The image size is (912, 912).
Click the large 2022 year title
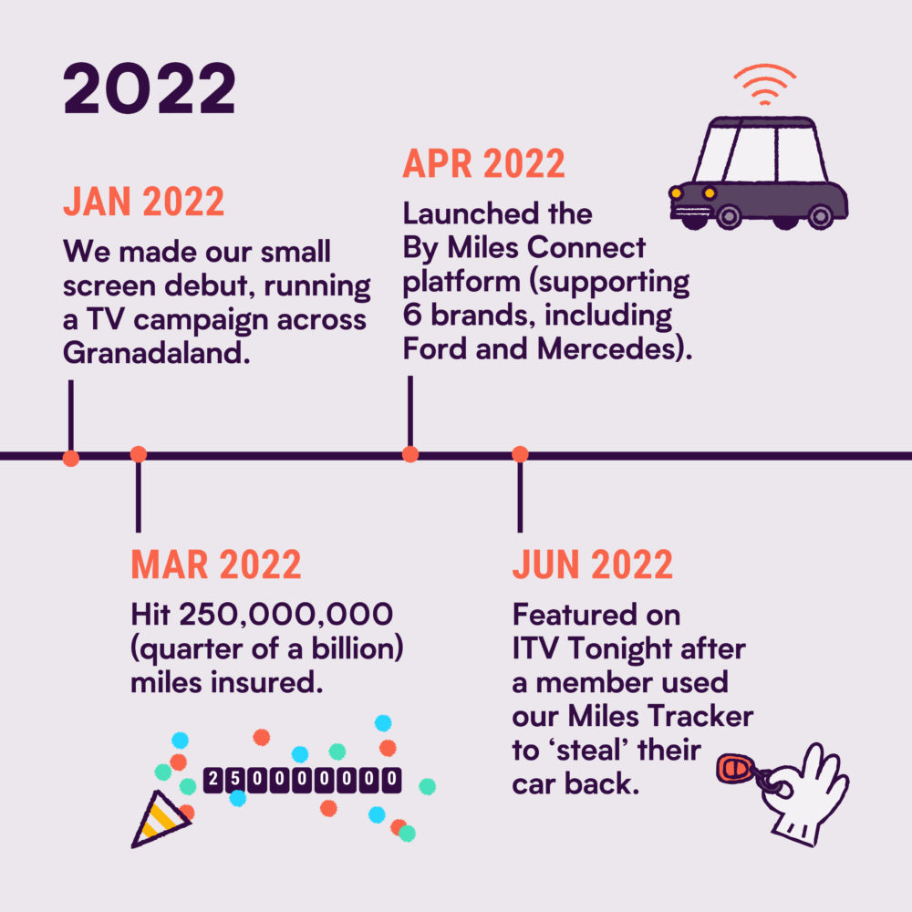coord(150,88)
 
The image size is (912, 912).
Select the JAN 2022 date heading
coord(144,202)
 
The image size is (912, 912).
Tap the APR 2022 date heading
coord(483,163)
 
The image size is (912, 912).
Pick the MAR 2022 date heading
coord(216,565)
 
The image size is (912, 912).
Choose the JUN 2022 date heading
coord(592,565)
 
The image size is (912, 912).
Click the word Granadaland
coord(157,352)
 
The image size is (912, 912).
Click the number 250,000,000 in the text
coord(286,614)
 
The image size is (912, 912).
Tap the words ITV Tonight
coord(593,649)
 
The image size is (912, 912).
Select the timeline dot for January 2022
coord(71,459)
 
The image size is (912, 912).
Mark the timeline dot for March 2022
coord(139,454)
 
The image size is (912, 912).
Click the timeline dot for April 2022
coord(410,454)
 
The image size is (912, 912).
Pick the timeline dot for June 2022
coord(520,454)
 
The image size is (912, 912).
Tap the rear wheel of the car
coord(821,217)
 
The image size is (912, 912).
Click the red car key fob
coord(734,769)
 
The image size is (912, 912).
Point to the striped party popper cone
coord(157,819)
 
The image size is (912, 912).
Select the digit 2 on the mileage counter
coord(213,779)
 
